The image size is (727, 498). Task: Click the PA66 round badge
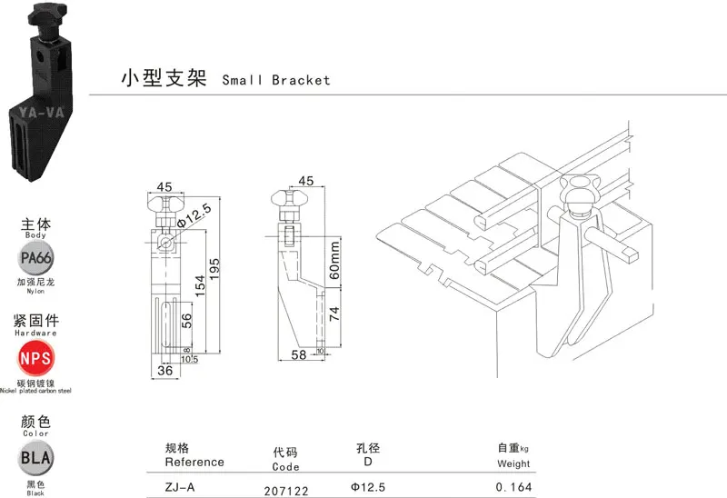pyautogui.click(x=35, y=260)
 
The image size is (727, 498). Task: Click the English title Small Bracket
pyautogui.click(x=276, y=80)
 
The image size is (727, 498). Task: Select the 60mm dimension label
pyautogui.click(x=335, y=260)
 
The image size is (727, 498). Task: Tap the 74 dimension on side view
pyautogui.click(x=335, y=315)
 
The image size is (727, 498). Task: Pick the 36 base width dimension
pyautogui.click(x=164, y=369)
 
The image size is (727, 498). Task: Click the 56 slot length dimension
pyautogui.click(x=185, y=319)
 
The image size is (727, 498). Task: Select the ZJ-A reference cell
pyautogui.click(x=179, y=487)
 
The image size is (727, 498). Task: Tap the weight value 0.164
pyautogui.click(x=513, y=487)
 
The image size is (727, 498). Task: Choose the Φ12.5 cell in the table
pyautogui.click(x=368, y=487)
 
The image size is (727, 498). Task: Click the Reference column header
pyautogui.click(x=194, y=462)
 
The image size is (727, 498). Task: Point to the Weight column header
pyautogui.click(x=513, y=464)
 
